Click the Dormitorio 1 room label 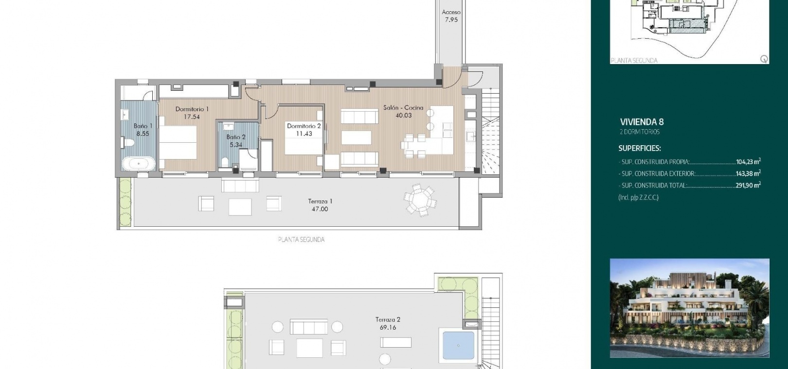point(192,109)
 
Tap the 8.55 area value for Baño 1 point(143,134)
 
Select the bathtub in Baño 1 point(138,164)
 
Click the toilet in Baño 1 point(127,143)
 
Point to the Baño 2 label point(236,137)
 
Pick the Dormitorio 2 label point(304,126)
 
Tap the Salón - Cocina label point(403,108)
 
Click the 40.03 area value point(403,116)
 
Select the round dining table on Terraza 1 point(420,200)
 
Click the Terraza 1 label point(320,201)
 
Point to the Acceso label point(451,12)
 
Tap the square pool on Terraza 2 point(458,346)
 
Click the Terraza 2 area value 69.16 point(388,328)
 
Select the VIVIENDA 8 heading point(642,122)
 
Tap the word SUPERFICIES point(640,149)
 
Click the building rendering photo point(690,308)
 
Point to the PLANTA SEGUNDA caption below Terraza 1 point(301,240)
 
